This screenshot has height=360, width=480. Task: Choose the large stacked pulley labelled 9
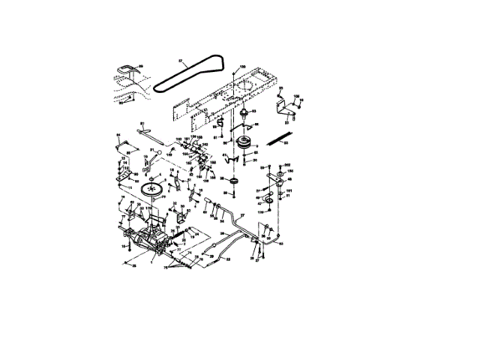pos(241,144)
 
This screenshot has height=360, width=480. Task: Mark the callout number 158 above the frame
pos(241,67)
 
